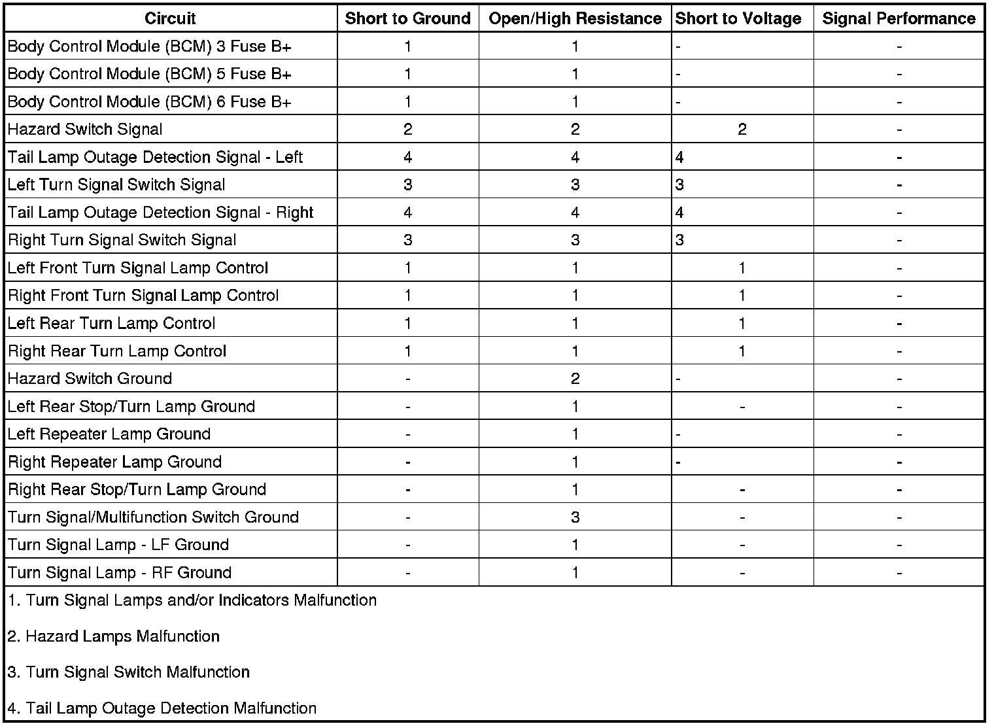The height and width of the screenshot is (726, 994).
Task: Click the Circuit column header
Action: [170, 18]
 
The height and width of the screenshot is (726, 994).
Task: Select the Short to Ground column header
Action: [407, 18]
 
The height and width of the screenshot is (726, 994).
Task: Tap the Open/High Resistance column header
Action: [575, 18]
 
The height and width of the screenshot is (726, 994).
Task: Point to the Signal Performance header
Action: [899, 18]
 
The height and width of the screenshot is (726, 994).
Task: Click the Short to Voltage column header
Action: [738, 18]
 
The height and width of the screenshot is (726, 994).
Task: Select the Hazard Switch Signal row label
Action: [85, 130]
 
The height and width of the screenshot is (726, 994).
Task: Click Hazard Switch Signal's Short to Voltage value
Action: [742, 130]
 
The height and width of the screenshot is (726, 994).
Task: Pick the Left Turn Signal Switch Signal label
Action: [116, 184]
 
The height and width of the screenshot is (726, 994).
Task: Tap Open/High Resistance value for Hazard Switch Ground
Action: [575, 379]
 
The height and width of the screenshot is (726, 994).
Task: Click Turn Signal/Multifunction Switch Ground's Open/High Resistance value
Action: [575, 517]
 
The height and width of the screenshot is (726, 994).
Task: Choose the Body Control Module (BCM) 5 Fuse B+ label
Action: [149, 74]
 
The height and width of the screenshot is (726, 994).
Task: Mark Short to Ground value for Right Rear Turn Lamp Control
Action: [407, 351]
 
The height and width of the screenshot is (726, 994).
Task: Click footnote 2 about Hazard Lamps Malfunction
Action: [114, 636]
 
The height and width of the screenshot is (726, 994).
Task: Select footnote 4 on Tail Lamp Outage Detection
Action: [162, 708]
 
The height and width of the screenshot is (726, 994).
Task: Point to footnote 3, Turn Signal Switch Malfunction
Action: [129, 672]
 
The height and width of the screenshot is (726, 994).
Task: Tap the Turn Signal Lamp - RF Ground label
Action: [120, 573]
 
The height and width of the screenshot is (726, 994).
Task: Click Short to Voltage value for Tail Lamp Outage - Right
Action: [679, 213]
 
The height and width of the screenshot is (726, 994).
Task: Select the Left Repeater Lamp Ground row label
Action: [109, 434]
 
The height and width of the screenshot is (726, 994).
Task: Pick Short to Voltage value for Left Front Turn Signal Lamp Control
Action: [742, 268]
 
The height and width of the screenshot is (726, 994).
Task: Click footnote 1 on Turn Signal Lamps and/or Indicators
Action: [192, 600]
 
